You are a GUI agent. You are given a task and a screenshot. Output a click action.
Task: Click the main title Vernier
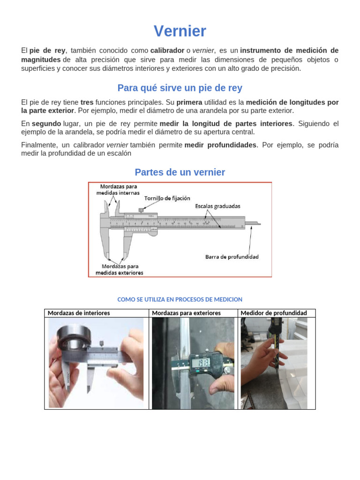pos(180,31)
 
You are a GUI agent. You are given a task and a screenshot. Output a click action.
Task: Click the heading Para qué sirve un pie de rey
pos(180,88)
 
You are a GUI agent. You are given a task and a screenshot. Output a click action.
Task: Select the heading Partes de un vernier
pos(180,172)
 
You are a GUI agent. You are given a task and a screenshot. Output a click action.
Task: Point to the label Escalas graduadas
pos(217,206)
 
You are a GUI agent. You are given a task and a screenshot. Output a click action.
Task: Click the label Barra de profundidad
pos(232,257)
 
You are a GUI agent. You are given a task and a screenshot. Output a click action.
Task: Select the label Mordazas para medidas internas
pos(118,189)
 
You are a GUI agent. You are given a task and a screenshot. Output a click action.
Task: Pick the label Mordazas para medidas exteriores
pos(120,269)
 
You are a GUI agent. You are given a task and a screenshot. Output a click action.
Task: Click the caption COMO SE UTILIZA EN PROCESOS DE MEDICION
pos(180,299)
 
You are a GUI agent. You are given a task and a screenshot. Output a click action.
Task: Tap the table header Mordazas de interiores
pos(79,313)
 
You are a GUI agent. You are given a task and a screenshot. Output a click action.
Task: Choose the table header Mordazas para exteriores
pos(186,313)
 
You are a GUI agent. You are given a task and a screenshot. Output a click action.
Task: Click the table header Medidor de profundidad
pos(274,313)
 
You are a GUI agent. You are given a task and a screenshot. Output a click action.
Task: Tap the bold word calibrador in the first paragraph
pos(167,51)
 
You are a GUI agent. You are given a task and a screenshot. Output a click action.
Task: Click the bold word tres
pos(87,102)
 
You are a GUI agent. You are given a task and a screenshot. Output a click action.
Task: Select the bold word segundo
pos(46,124)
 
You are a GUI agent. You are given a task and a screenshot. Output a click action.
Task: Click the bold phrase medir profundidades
pos(220,145)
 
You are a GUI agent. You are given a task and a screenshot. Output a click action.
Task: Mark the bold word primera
pos(189,102)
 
